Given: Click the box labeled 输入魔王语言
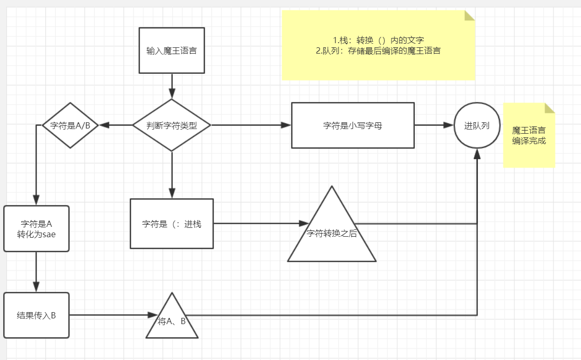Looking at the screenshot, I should click(x=171, y=50).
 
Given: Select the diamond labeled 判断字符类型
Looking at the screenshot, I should click(x=171, y=125).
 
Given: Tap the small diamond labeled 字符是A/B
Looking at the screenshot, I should click(x=70, y=125).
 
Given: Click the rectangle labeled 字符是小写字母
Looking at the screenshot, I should click(x=352, y=125).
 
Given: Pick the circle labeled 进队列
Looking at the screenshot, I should click(x=477, y=125).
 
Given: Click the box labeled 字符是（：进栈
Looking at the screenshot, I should click(x=171, y=224).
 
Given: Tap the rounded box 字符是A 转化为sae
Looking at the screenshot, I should click(x=36, y=228).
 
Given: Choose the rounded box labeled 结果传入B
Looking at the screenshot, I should click(x=36, y=315).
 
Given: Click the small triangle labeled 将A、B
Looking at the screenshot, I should click(x=172, y=320).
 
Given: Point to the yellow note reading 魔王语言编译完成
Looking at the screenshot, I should click(x=529, y=135).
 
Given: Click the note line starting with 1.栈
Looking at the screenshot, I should click(x=378, y=40).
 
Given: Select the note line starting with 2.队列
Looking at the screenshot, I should click(x=378, y=50).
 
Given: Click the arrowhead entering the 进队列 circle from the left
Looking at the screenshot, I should click(x=449, y=125).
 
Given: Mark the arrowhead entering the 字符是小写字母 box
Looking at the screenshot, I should click(x=286, y=125).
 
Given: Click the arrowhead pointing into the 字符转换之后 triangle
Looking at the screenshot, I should click(x=304, y=224).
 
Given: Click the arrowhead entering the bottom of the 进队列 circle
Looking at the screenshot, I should click(x=477, y=153).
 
